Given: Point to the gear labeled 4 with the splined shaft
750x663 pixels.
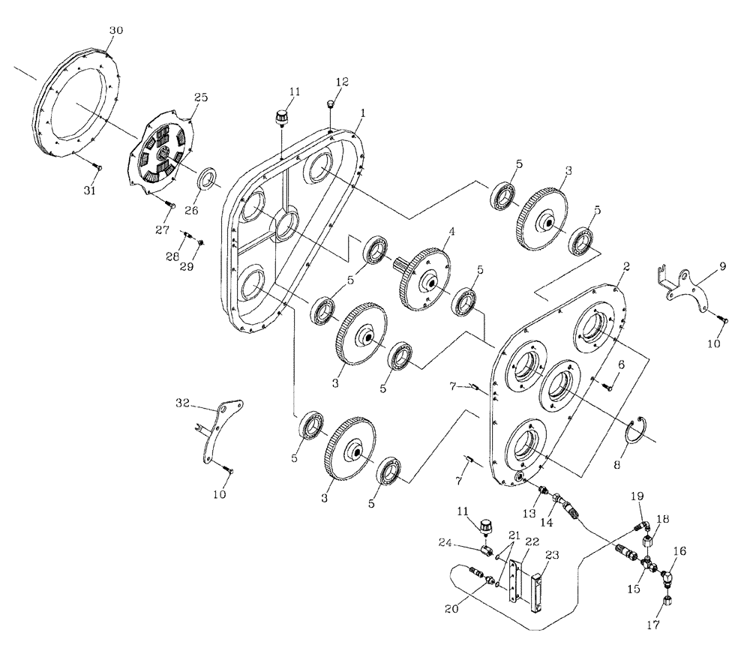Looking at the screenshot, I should click(426, 278).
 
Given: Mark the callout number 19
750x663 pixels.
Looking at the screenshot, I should click(636, 495).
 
